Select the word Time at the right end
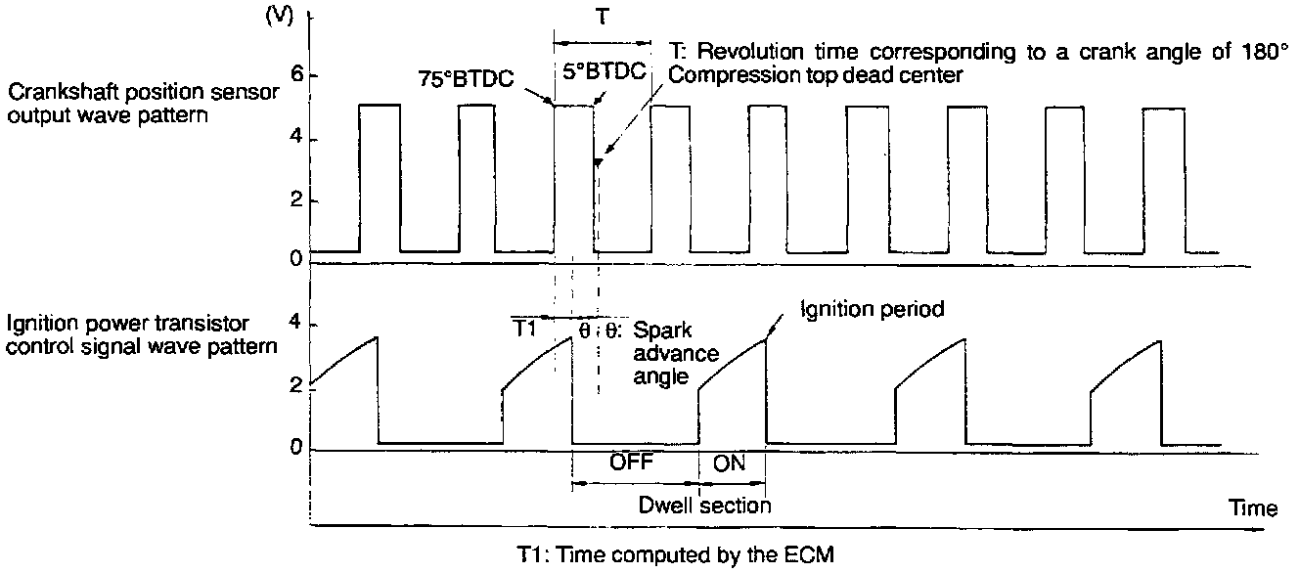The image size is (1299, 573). (x=1254, y=508)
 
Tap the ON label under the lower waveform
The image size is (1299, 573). (x=731, y=463)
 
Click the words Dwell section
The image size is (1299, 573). (x=705, y=506)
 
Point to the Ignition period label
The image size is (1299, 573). (x=872, y=310)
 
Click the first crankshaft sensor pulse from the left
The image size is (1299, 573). (x=380, y=176)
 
